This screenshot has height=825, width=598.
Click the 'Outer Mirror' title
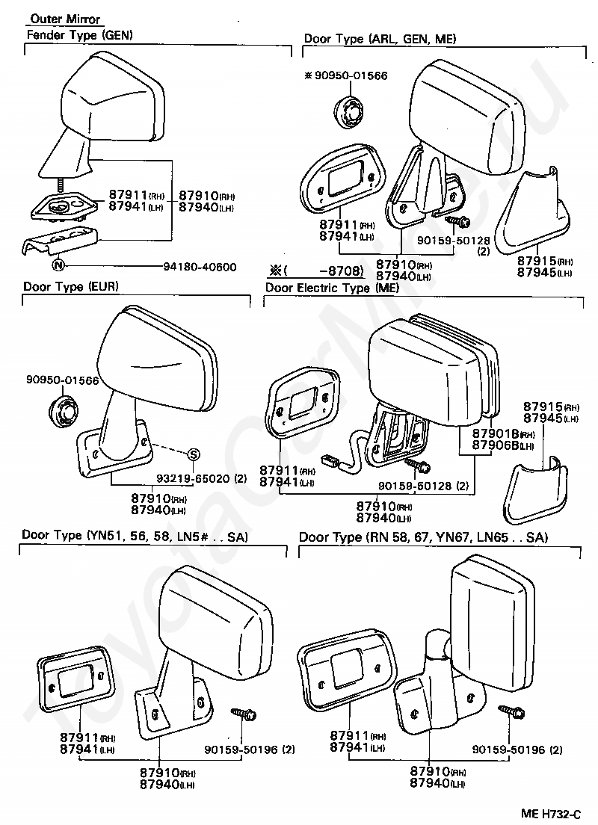65,19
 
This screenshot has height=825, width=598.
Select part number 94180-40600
200,267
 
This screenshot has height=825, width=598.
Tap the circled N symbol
58,265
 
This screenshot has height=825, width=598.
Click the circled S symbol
194,454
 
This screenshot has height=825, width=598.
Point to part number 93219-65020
193,478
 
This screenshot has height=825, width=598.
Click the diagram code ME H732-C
551,815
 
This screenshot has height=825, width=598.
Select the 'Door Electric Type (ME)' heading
332,288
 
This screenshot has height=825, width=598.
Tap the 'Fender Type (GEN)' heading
79,35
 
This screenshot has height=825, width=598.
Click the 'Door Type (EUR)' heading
70,287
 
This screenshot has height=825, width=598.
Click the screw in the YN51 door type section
244,714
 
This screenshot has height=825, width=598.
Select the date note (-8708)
316,271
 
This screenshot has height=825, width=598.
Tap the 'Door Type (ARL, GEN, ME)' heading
380,39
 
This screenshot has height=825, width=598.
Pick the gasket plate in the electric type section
302,404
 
